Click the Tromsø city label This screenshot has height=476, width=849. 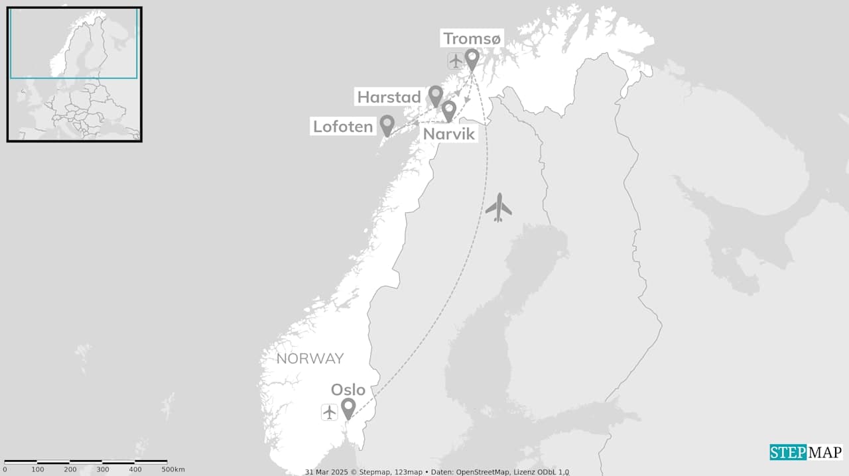click(x=472, y=39)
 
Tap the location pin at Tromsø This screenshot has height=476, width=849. click(x=472, y=59)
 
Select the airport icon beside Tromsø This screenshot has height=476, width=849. click(x=456, y=61)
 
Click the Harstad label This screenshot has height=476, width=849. click(x=389, y=97)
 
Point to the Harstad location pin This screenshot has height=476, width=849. click(x=436, y=95)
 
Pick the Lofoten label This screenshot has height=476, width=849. click(x=343, y=127)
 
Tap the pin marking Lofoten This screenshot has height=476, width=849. click(x=387, y=125)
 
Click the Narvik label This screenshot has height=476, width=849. click(x=449, y=134)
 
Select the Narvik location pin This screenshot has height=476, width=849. click(x=449, y=110)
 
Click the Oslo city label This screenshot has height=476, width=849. click(x=348, y=390)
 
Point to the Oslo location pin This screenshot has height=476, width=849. click(x=348, y=408)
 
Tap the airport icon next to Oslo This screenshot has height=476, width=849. click(x=330, y=412)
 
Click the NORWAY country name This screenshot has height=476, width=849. click(x=310, y=359)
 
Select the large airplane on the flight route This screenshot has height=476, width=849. click(x=498, y=208)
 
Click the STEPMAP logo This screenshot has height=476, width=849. click(x=806, y=452)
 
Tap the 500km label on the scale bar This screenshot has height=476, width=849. click(x=173, y=469)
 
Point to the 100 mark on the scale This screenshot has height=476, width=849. click(x=38, y=469)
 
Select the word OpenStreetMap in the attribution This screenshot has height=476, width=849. click(x=483, y=472)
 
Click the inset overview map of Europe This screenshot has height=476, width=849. click(x=74, y=74)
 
